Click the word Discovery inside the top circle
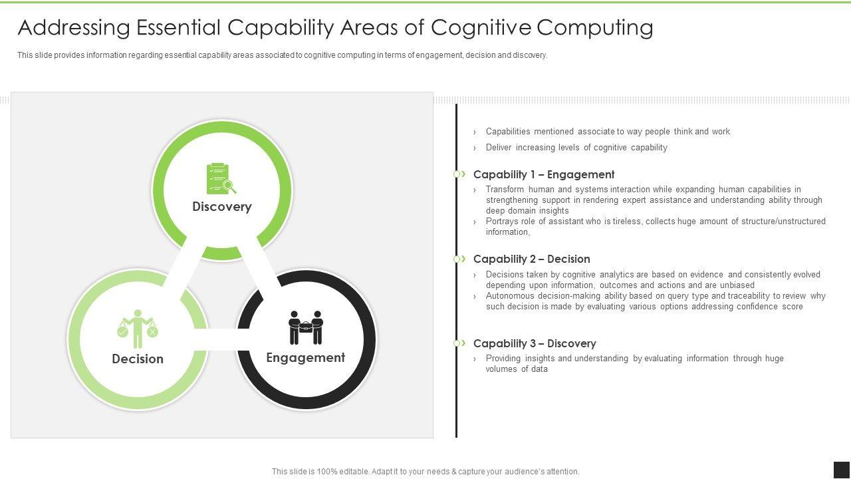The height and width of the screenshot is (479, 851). point(222,206)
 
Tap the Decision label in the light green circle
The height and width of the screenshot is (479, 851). point(138,359)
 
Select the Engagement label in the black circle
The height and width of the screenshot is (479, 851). point(306,357)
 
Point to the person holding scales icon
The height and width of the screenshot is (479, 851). point(138,328)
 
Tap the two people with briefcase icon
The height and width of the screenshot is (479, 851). point(306,327)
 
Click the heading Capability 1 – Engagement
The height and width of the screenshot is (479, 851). point(544,174)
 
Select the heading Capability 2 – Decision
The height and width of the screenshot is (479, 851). point(532,259)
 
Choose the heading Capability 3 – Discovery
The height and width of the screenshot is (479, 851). point(535,343)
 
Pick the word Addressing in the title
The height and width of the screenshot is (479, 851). point(74,28)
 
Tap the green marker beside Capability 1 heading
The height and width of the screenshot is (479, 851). point(459,174)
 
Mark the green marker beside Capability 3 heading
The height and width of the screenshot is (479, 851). point(459,343)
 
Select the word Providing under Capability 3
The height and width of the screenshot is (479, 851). point(503,359)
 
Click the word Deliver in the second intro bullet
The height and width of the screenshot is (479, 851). point(499,148)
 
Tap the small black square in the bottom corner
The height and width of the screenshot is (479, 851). point(842,470)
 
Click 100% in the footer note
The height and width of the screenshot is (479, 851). point(326,472)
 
